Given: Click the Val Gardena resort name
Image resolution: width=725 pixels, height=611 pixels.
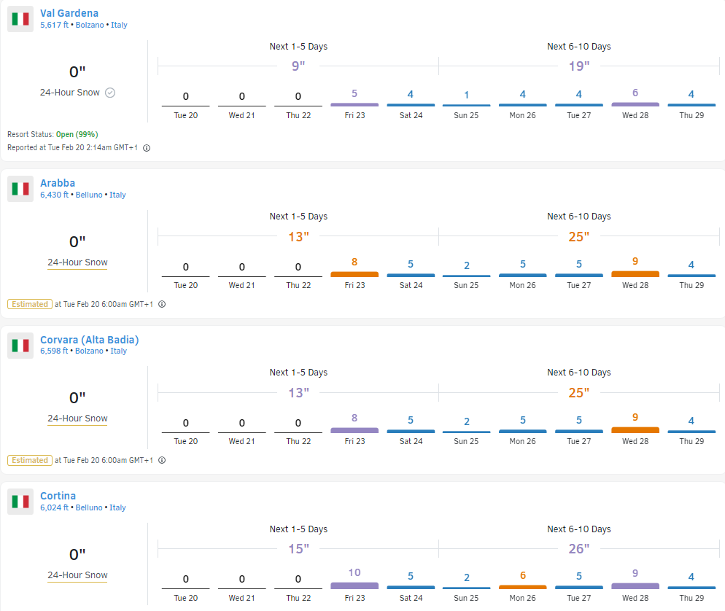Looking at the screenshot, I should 69,13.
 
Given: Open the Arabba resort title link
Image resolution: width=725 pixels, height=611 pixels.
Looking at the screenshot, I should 58,183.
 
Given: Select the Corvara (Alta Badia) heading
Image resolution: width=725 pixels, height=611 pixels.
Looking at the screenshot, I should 89,339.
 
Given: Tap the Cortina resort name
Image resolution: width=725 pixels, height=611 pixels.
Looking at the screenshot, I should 58,496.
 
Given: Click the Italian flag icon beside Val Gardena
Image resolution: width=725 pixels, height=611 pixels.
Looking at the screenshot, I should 20,19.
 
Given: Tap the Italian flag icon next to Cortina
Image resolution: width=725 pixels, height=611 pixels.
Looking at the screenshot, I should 20,502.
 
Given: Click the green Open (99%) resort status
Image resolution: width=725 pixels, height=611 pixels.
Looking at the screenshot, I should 77,134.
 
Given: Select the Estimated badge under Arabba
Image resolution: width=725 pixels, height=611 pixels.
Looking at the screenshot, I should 30,304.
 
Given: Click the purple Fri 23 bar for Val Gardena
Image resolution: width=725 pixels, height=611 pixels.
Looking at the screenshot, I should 354,104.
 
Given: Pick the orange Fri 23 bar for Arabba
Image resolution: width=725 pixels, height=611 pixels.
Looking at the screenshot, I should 354,274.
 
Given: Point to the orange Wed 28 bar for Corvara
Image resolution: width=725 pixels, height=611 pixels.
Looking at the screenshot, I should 635,430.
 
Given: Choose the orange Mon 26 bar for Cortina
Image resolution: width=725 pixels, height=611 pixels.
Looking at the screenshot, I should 523,587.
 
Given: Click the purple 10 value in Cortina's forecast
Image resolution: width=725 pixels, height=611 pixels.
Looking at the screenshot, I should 354,572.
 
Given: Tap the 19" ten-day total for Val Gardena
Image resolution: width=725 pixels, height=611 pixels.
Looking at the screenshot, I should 579,66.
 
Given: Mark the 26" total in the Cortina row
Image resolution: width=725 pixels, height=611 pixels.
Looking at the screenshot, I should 579,549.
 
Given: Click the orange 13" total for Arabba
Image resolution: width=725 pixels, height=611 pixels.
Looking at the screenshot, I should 298,236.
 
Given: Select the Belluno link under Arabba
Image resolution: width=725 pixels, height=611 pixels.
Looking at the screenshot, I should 90,195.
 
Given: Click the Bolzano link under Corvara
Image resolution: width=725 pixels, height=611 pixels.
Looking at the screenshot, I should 91,351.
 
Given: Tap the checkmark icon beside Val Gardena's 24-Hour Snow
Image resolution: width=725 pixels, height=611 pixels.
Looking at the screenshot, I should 110,93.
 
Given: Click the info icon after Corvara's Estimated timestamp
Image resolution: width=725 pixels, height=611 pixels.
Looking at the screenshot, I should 162,460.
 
